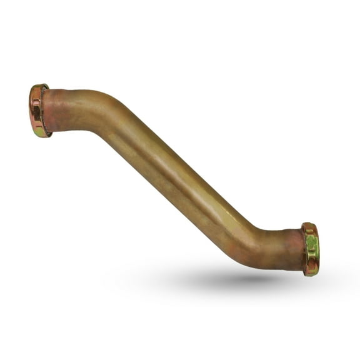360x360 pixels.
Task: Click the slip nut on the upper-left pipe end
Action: (39, 111)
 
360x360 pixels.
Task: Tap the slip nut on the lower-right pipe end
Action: (310, 249)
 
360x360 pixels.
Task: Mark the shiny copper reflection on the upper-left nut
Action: (36, 106)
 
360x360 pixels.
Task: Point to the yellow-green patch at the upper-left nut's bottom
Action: (40, 131)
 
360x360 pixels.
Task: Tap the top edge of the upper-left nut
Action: (39, 86)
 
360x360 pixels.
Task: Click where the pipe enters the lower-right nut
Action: (302, 249)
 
